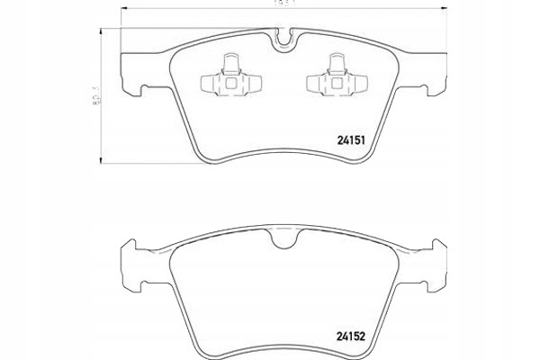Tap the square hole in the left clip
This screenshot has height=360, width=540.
(x=230, y=83)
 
